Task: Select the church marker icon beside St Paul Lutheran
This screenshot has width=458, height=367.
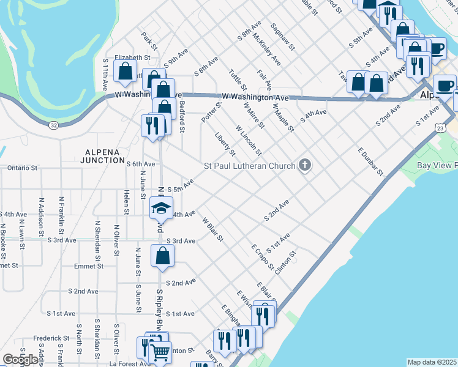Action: pos(305,165)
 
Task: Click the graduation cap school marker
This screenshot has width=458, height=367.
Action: pos(161,209)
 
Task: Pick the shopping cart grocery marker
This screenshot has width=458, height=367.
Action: pos(159,351)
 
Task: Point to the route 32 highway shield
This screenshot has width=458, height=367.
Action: pos(54,125)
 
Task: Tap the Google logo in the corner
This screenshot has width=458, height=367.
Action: pos(20,360)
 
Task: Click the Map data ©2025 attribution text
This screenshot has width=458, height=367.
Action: pos(432,362)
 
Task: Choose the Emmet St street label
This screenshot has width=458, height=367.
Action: pos(8,265)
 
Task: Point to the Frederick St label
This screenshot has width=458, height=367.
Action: pos(51,338)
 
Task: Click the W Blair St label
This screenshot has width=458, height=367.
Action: pos(212,229)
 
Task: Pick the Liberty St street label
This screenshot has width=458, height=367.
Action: pos(225,144)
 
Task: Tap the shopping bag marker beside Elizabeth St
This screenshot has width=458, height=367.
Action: pos(125,70)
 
